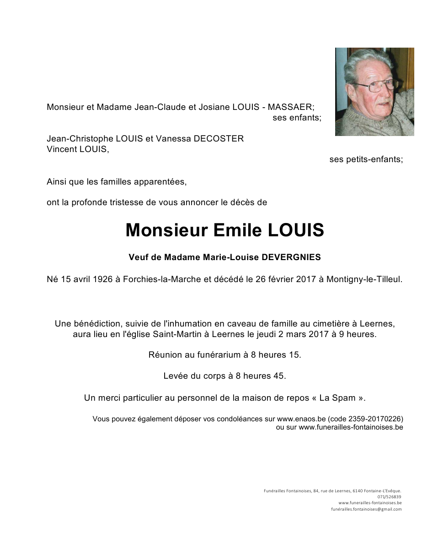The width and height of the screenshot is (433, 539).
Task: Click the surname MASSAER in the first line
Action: [290, 107]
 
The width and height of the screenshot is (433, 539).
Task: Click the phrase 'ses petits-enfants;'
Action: [366, 159]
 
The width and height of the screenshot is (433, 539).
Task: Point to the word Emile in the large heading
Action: [237, 230]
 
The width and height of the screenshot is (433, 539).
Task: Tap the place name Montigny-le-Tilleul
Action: [364, 279]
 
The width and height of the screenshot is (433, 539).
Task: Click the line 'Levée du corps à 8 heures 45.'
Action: [225, 376]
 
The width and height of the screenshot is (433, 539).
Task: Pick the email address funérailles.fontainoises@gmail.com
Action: [366, 509]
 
